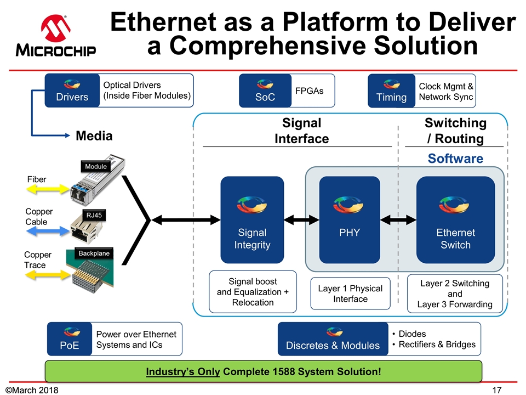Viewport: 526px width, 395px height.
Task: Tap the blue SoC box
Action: (265, 91)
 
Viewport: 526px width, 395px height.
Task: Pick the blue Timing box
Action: (391, 91)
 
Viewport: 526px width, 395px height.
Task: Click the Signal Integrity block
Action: (252, 219)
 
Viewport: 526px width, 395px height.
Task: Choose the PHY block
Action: (350, 219)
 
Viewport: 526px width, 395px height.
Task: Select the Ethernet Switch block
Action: (455, 219)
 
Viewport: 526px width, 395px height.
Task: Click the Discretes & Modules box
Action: (333, 338)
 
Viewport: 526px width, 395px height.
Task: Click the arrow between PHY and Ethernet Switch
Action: (399, 220)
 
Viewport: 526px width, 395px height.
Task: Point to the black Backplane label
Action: (94, 253)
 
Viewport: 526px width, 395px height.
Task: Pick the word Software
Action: (455, 159)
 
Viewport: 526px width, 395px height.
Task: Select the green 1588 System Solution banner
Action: (263, 372)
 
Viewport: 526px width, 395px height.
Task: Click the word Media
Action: (94, 136)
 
